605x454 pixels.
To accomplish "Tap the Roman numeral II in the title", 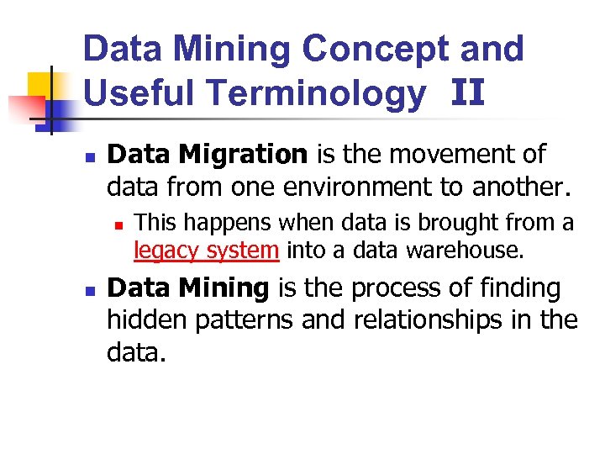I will [x=467, y=92].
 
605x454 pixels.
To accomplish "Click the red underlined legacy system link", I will [x=206, y=250].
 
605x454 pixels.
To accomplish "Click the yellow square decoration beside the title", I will [x=39, y=85].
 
